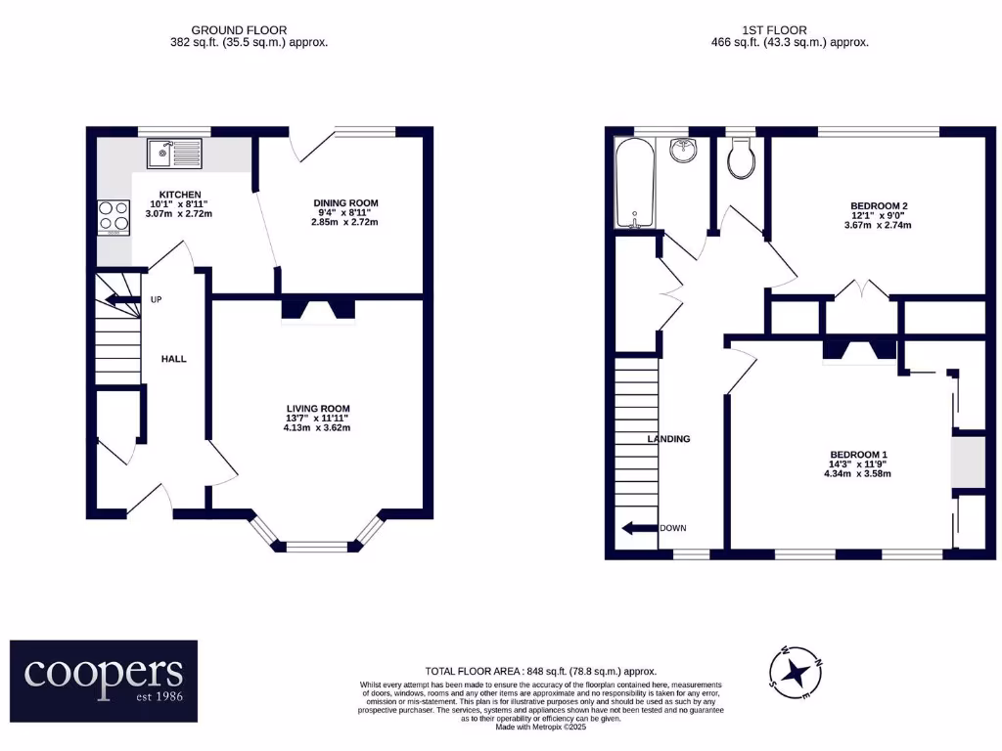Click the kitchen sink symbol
(173, 153)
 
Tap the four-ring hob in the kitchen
(114, 217)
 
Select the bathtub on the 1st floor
(636, 183)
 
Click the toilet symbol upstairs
(743, 158)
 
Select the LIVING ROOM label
(318, 409)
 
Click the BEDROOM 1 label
(858, 455)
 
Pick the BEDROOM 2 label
(879, 205)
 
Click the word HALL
(173, 359)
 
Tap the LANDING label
(668, 439)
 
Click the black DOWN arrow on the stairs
(638, 528)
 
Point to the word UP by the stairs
(157, 299)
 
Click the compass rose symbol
(798, 673)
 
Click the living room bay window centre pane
(317, 547)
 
